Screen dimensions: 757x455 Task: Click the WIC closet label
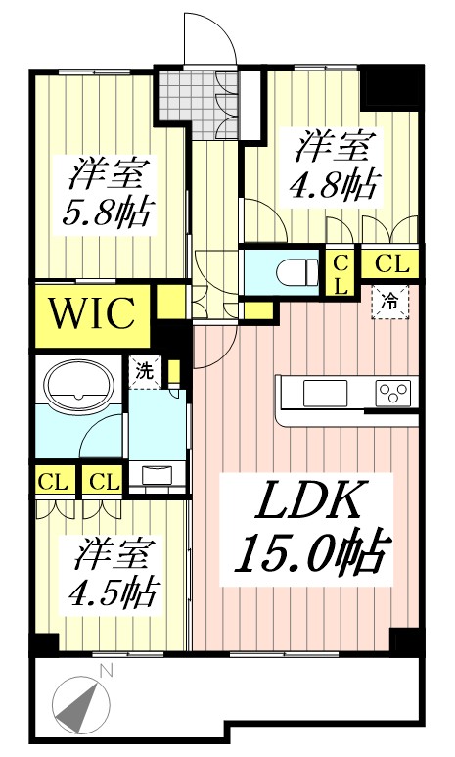click(x=92, y=315)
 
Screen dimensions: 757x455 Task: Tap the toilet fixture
click(x=294, y=269)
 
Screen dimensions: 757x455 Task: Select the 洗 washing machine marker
click(x=143, y=372)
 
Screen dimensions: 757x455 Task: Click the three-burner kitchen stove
click(x=394, y=393)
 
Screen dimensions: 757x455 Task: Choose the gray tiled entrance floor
click(x=186, y=96)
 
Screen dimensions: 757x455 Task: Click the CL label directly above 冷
click(x=390, y=263)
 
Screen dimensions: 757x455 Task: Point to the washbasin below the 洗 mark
click(x=157, y=475)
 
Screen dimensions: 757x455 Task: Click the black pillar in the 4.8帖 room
click(x=391, y=88)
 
